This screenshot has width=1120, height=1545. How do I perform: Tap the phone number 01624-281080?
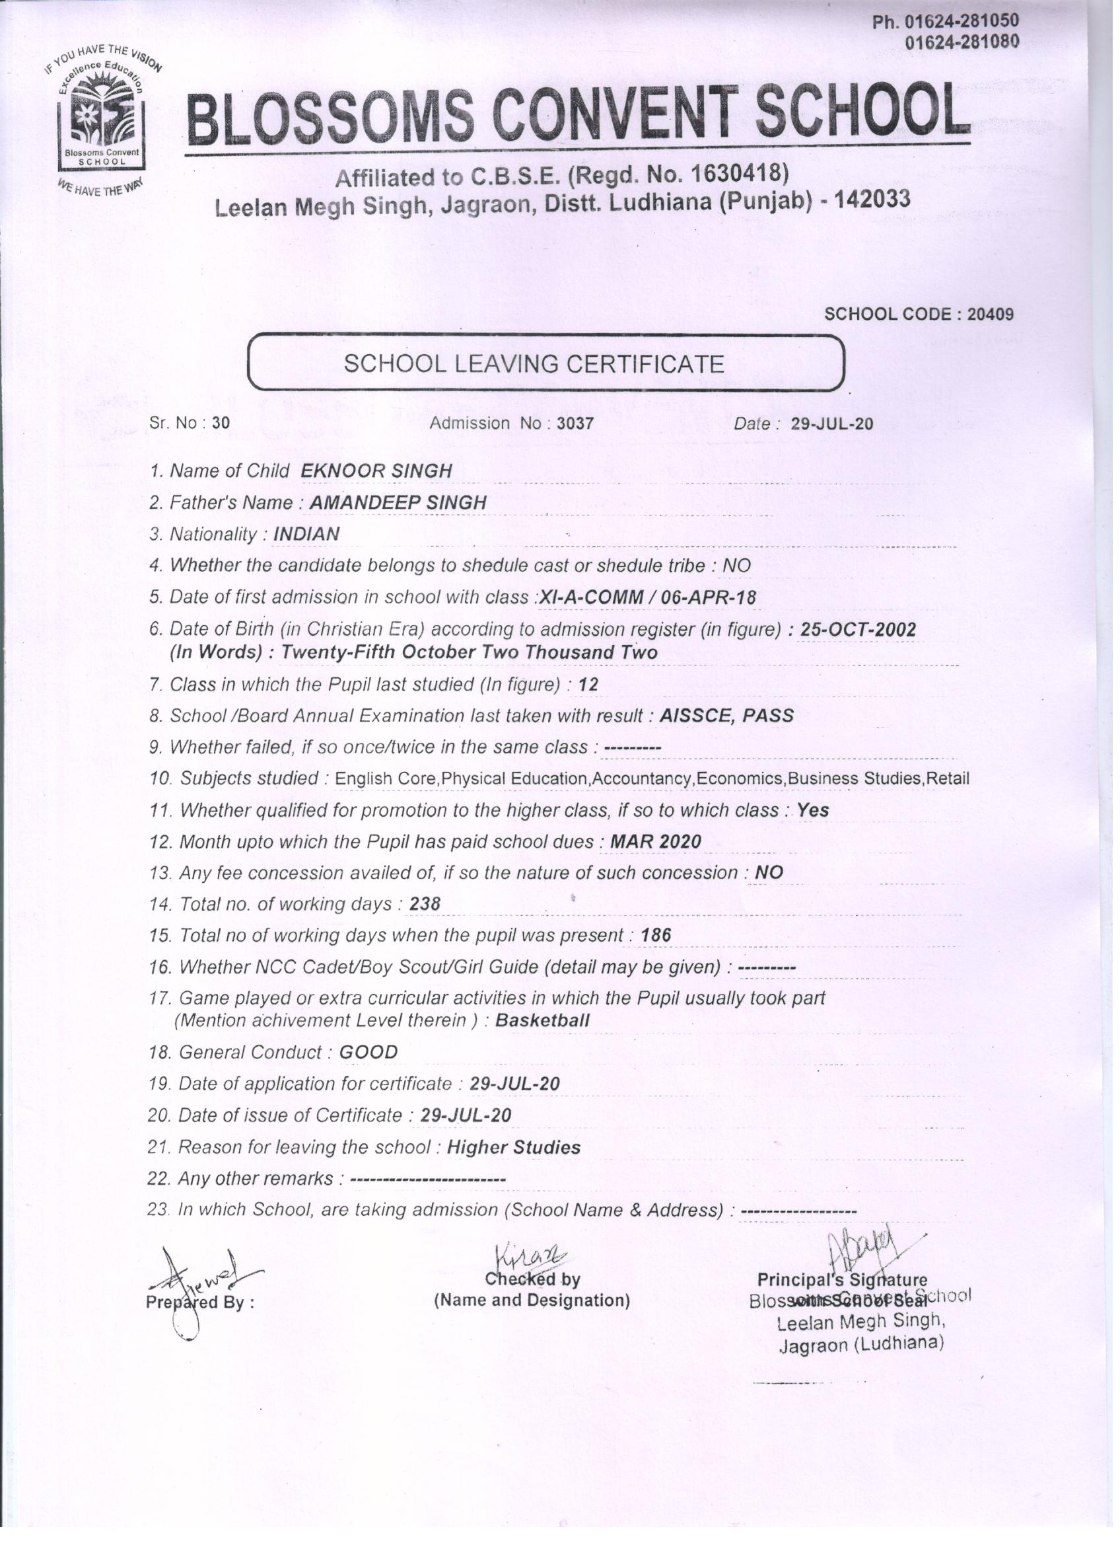(x=961, y=42)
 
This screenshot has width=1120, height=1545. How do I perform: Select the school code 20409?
(x=991, y=314)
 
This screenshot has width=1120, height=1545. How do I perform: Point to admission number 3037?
(x=575, y=423)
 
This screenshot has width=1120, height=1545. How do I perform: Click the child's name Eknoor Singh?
(x=376, y=471)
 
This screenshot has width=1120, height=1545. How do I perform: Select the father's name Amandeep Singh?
(x=398, y=503)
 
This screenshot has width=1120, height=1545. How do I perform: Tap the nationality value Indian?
(x=306, y=534)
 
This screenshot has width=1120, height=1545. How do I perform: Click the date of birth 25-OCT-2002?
(x=858, y=630)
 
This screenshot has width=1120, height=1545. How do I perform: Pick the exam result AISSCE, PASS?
(x=726, y=715)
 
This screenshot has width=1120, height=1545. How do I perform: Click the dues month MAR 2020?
(x=655, y=842)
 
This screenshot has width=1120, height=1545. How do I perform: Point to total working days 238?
(x=425, y=904)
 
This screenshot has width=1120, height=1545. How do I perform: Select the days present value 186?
(x=656, y=935)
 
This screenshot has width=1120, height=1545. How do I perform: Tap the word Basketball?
(x=543, y=1020)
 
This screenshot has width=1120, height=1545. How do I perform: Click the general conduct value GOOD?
(x=368, y=1052)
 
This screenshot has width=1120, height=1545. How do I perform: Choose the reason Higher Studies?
(x=513, y=1147)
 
